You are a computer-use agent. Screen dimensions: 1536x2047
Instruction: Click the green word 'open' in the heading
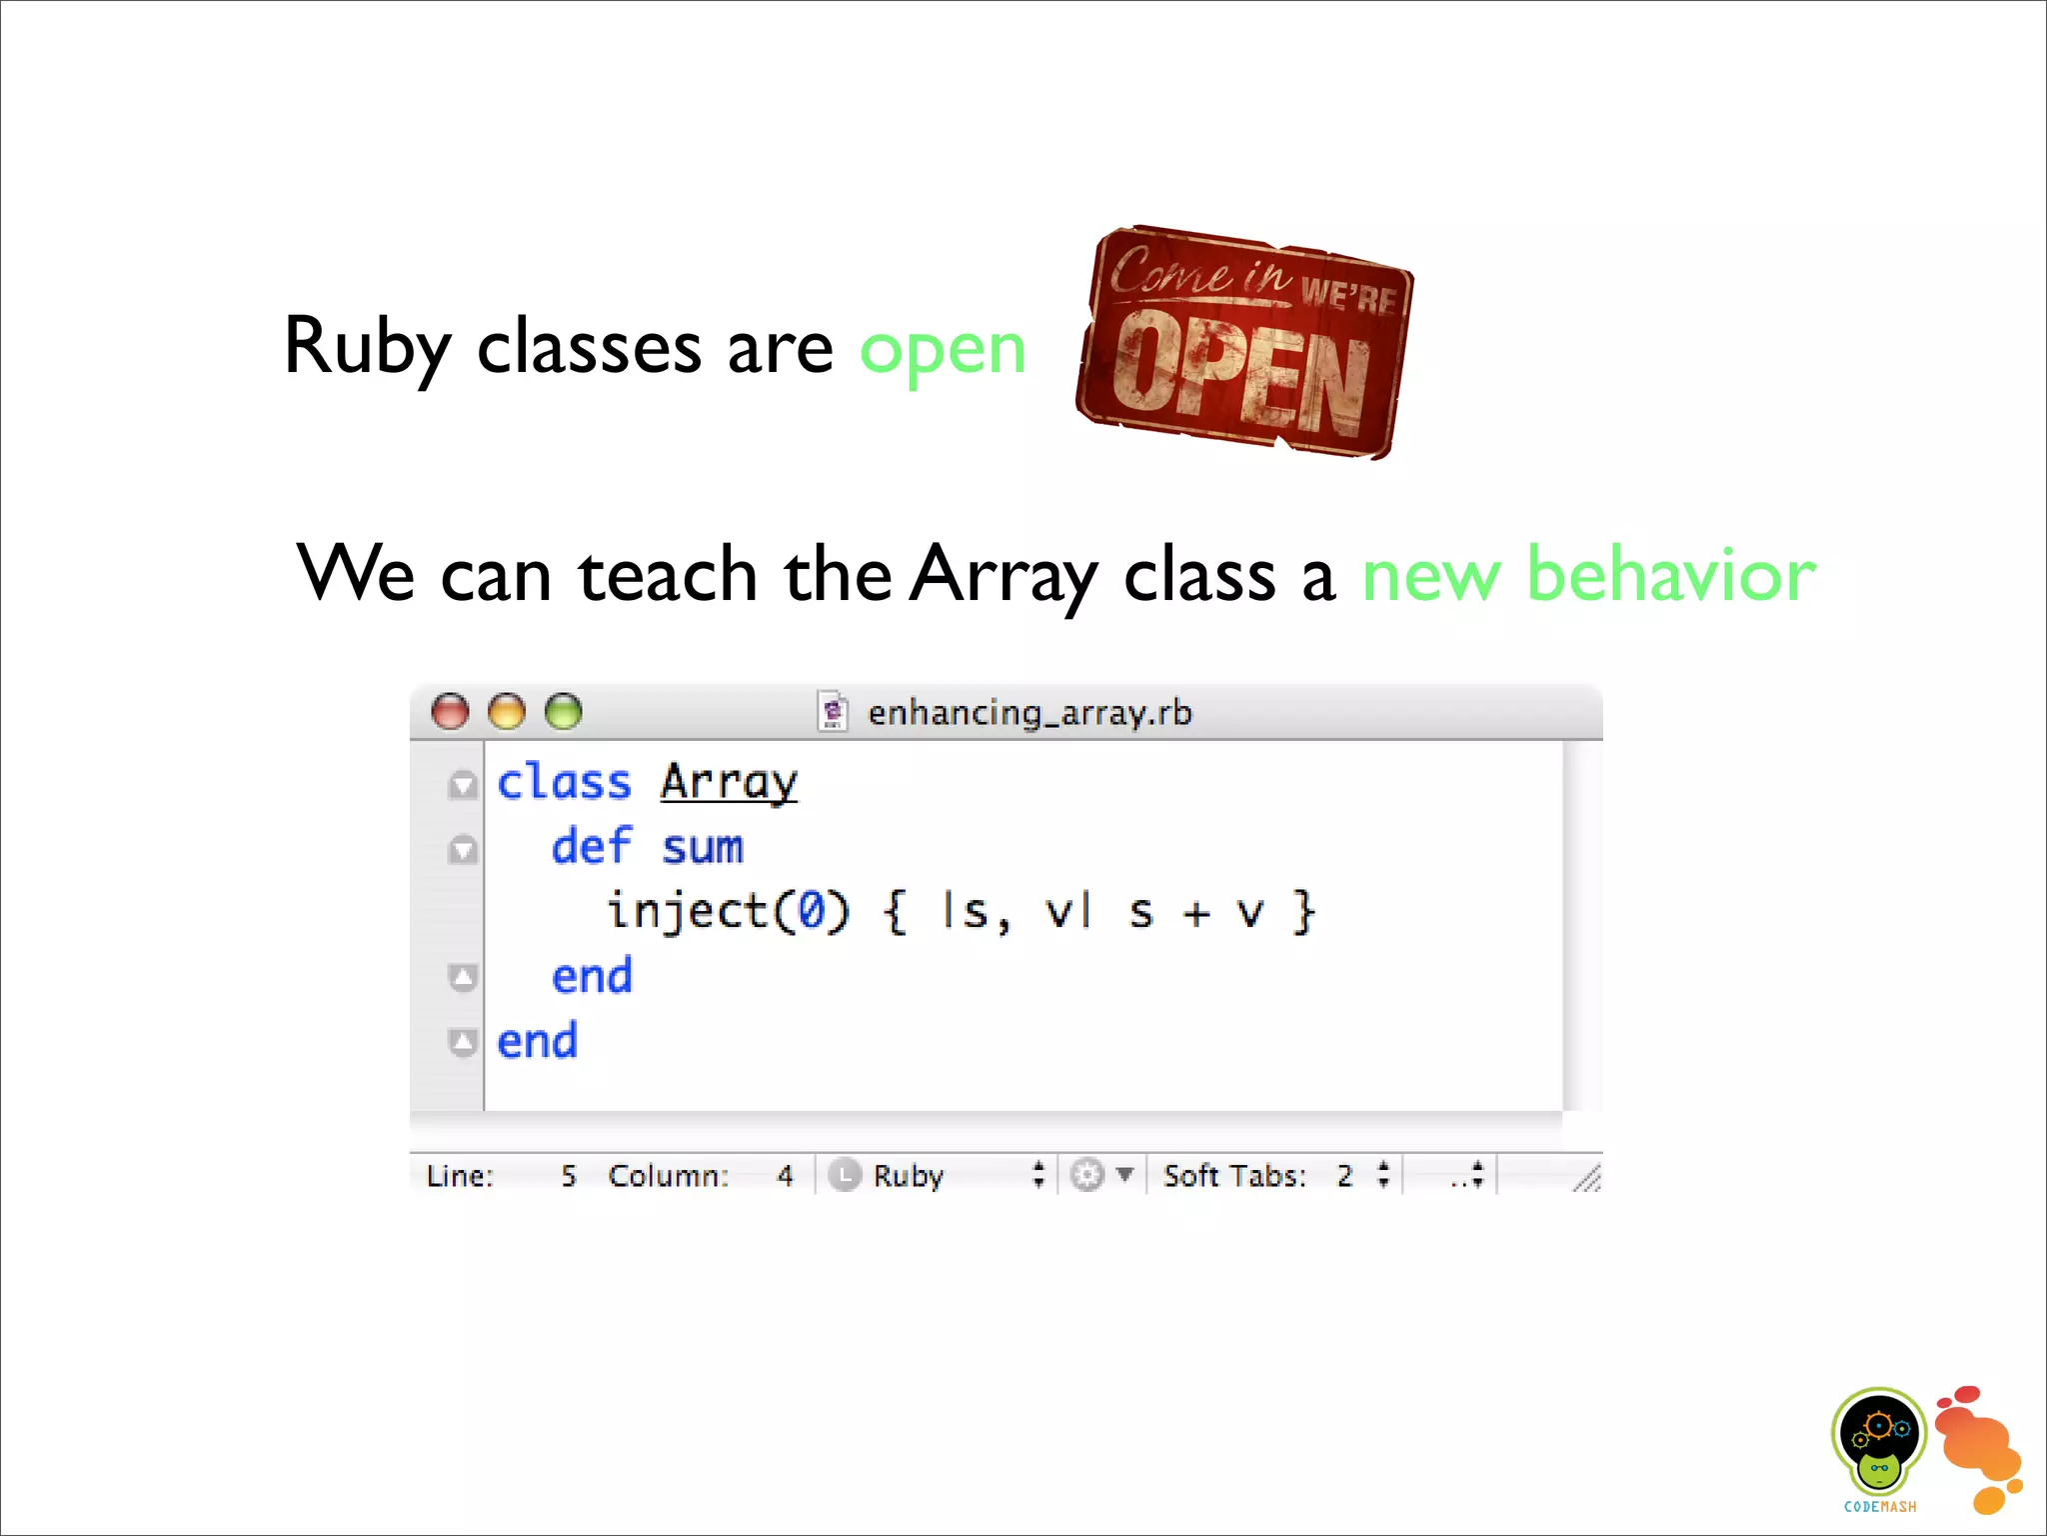pyautogui.click(x=943, y=351)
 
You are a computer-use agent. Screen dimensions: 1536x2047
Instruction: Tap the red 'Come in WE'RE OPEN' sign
pyautogui.click(x=1244, y=342)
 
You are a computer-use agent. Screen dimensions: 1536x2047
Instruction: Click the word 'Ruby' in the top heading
pyautogui.click(x=367, y=347)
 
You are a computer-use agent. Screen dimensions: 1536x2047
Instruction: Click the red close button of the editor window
pyautogui.click(x=450, y=712)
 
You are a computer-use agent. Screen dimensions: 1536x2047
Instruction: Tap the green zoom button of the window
pyautogui.click(x=564, y=712)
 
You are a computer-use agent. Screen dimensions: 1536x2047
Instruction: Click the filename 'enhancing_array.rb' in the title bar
pyautogui.click(x=1028, y=713)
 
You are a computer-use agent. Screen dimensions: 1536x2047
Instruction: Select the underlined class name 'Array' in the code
pyautogui.click(x=729, y=782)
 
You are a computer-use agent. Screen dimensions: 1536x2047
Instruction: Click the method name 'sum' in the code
pyautogui.click(x=703, y=848)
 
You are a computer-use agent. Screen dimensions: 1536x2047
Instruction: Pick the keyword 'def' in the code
pyautogui.click(x=592, y=847)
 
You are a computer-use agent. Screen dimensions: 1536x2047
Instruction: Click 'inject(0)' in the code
pyautogui.click(x=729, y=912)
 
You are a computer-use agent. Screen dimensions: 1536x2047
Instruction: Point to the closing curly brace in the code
pyautogui.click(x=1303, y=912)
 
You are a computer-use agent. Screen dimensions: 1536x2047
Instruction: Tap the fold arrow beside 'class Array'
pyautogui.click(x=463, y=785)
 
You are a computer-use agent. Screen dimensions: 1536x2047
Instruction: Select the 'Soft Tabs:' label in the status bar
pyautogui.click(x=1234, y=1175)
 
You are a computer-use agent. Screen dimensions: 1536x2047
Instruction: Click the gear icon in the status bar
pyautogui.click(x=1087, y=1175)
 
